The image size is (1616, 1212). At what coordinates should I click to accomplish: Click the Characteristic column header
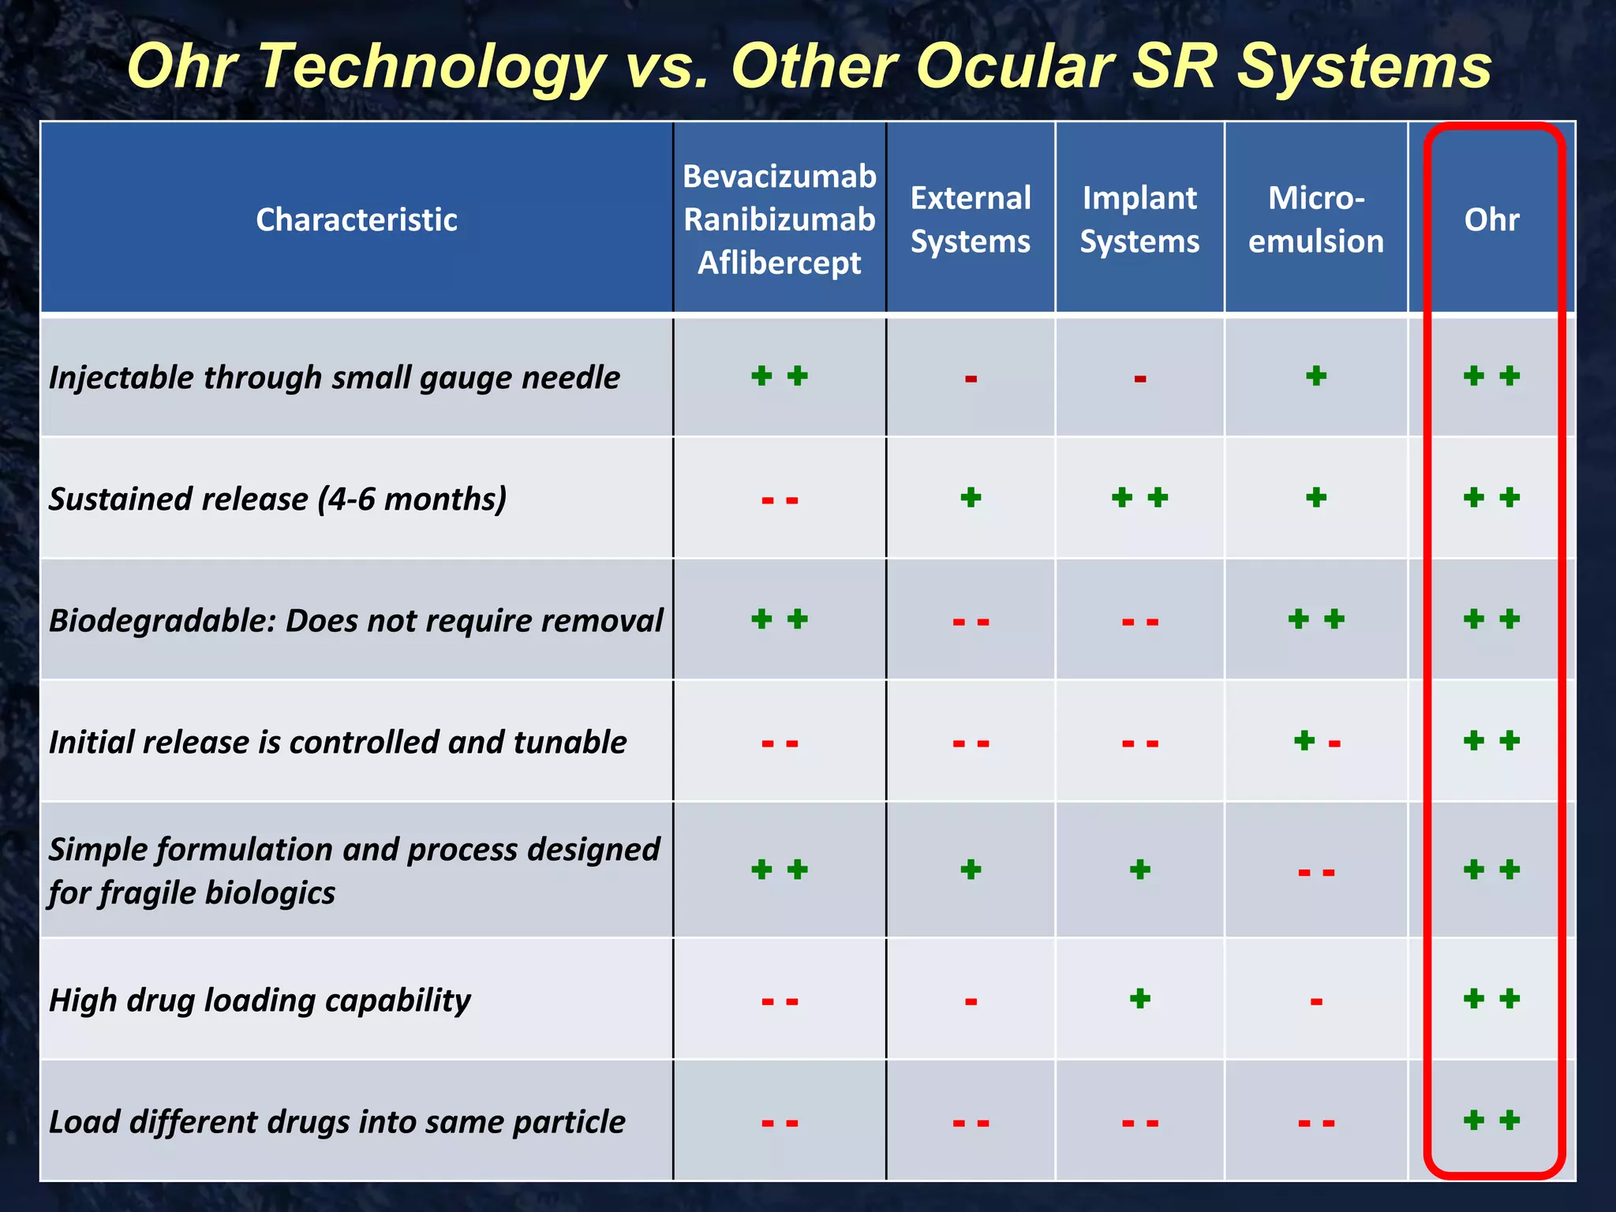(357, 219)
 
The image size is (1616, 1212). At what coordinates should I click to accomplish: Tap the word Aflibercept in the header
(780, 263)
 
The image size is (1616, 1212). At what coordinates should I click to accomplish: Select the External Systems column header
(971, 219)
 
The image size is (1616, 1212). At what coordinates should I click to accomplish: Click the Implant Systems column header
(1139, 219)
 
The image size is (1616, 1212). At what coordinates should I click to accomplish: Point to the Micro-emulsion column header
(1315, 219)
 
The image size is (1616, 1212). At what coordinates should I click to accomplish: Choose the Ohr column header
(1491, 219)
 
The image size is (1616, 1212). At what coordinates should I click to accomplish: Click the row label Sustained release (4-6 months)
(278, 499)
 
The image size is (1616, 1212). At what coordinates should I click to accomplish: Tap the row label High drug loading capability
(260, 1000)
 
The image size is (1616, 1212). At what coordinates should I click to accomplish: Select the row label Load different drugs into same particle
(337, 1121)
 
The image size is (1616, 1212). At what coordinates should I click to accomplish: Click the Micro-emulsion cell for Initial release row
(1316, 741)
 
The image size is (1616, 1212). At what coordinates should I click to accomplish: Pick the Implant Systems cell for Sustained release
(1139, 498)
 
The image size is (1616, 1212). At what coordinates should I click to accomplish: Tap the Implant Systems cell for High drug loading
(1139, 999)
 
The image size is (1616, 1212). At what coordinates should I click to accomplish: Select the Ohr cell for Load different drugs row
(1491, 1120)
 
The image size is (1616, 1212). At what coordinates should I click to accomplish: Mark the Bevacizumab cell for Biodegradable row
(780, 619)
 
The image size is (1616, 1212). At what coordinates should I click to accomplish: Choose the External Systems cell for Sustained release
(971, 498)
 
